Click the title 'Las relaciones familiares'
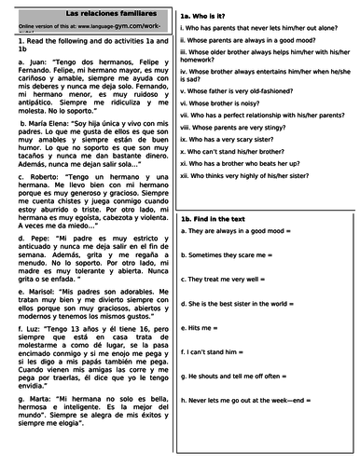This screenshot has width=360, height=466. (x=89, y=9)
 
